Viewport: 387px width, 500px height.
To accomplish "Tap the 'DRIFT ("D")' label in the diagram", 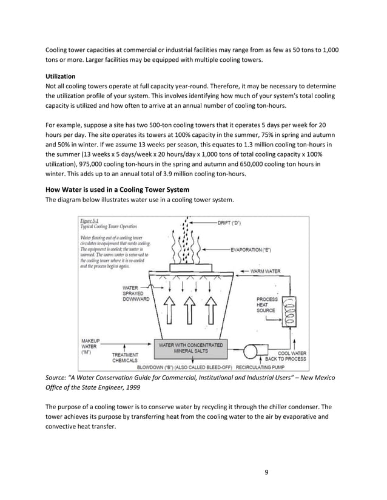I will [x=229, y=222].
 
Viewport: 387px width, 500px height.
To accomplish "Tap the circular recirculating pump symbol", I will [x=249, y=352].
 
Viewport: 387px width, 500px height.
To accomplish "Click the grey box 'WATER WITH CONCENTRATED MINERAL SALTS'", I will [x=191, y=348].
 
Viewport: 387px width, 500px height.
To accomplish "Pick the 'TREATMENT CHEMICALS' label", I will [x=125, y=357].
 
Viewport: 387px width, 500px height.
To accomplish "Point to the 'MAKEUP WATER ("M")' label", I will [x=90, y=346].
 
